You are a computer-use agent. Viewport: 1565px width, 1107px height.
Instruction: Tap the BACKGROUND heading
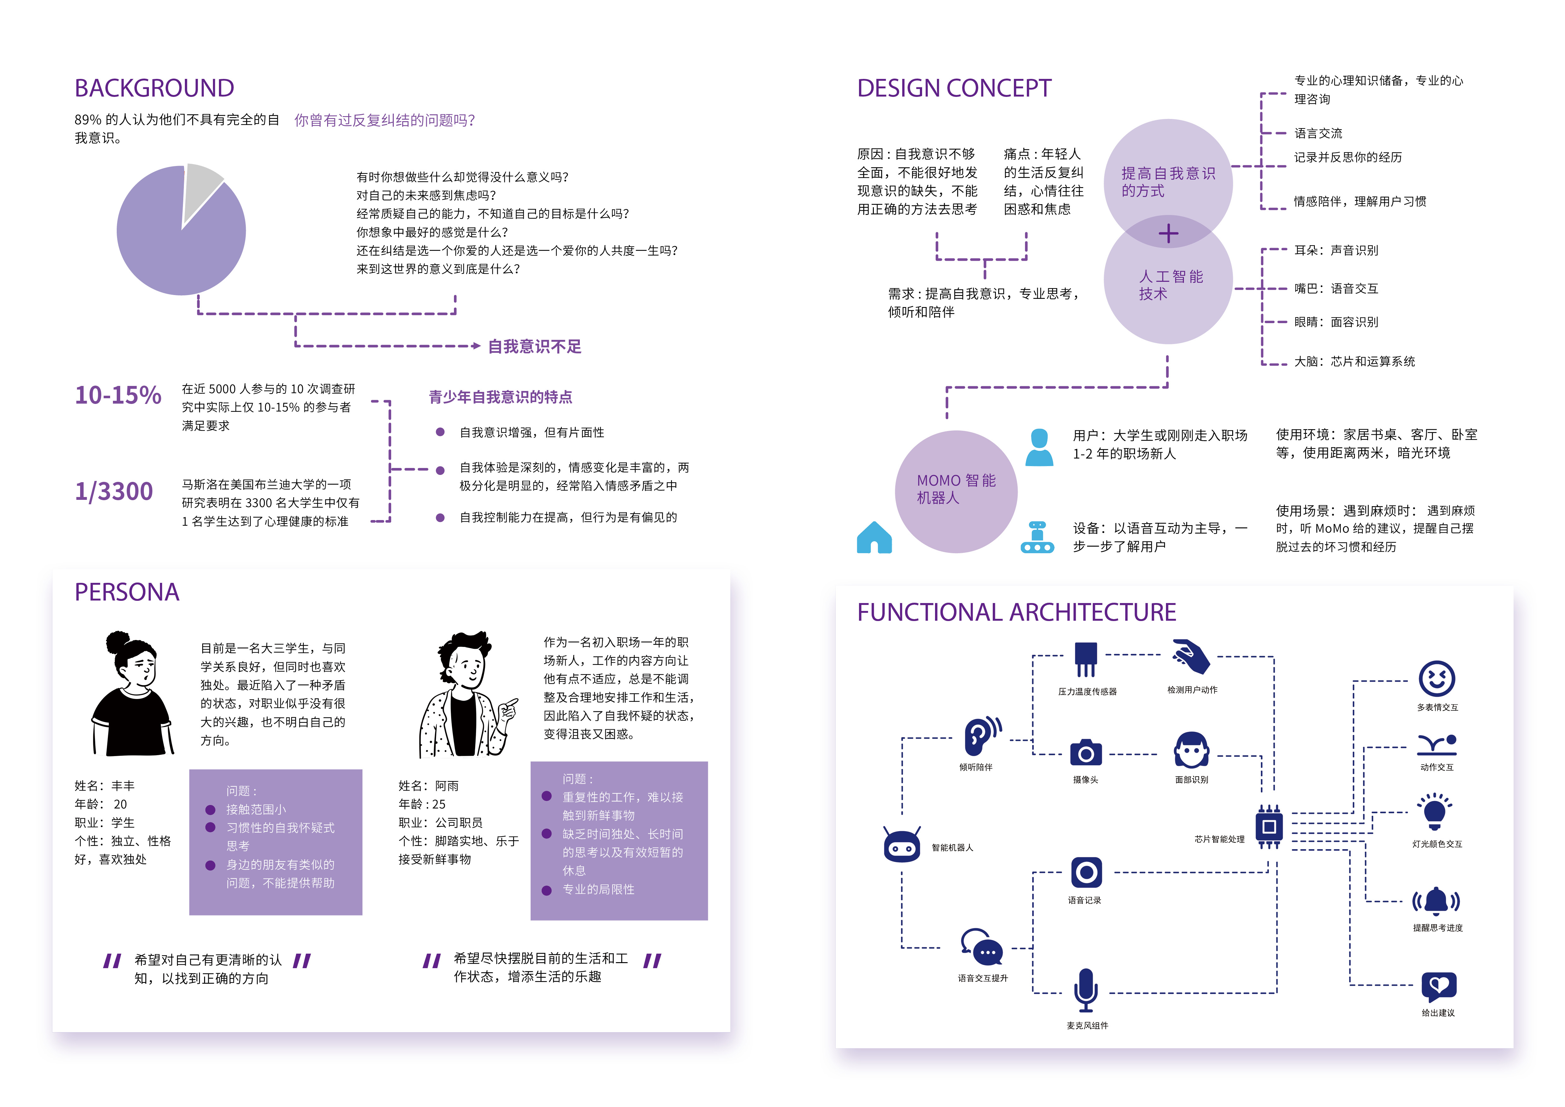tap(154, 89)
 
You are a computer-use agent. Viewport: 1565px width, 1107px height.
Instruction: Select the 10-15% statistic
tap(118, 395)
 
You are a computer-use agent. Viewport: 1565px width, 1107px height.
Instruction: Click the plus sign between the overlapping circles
tap(1168, 234)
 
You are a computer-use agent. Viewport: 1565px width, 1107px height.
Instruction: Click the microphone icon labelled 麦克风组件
tap(1086, 990)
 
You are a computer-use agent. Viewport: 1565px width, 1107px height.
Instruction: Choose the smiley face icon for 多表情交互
tap(1437, 679)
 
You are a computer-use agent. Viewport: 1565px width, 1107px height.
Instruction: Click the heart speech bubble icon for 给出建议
tap(1438, 986)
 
